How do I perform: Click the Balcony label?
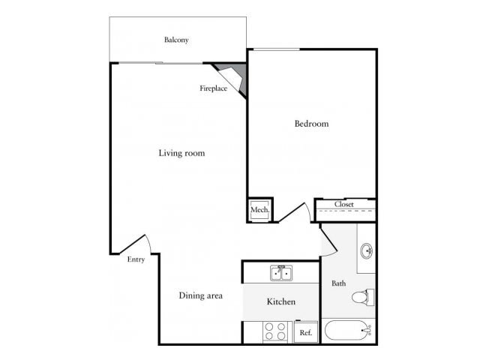[176, 40]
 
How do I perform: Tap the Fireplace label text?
[213, 88]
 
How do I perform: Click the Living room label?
[181, 153]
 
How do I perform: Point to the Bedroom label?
[311, 124]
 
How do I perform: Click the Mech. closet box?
[259, 210]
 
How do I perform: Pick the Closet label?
[344, 204]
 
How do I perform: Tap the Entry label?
[136, 259]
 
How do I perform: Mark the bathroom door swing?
[328, 241]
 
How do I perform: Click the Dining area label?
[200, 295]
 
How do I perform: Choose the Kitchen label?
[281, 301]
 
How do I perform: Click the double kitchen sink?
[282, 272]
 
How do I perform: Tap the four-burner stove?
[276, 330]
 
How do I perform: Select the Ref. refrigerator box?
[306, 331]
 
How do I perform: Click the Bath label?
[339, 283]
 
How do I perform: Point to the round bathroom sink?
[366, 250]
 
